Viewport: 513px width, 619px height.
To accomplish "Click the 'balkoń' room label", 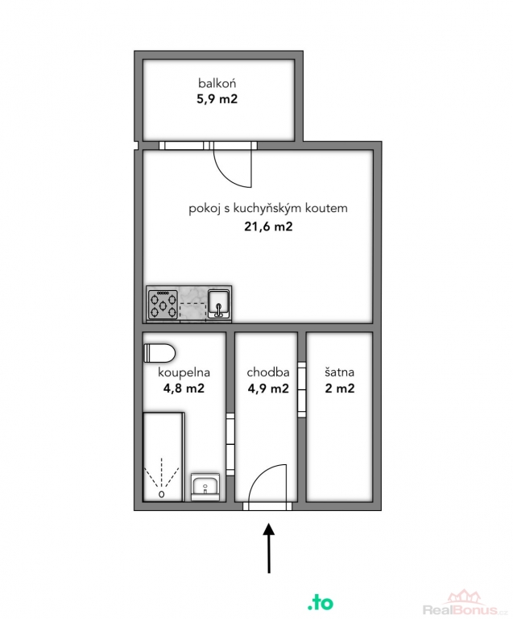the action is pyautogui.click(x=217, y=83).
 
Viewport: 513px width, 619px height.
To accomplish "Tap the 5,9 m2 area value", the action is pyautogui.click(x=217, y=98).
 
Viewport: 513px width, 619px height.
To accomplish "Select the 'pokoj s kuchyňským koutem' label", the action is pyautogui.click(x=268, y=208).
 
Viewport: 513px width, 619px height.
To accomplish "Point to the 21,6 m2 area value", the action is pyautogui.click(x=268, y=226).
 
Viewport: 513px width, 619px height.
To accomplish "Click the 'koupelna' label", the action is pyautogui.click(x=184, y=372).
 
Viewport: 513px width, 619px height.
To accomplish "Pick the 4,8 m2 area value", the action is pyautogui.click(x=184, y=388).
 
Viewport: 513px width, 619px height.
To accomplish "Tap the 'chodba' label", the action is pyautogui.click(x=268, y=372).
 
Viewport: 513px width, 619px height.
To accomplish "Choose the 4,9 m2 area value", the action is pyautogui.click(x=268, y=388).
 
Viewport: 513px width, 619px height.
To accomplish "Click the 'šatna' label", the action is pyautogui.click(x=340, y=372).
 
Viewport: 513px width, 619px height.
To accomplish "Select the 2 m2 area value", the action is pyautogui.click(x=340, y=388).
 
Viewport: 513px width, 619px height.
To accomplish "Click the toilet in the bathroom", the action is pyautogui.click(x=159, y=353).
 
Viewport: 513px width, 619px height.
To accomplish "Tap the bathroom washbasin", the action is pyautogui.click(x=205, y=487).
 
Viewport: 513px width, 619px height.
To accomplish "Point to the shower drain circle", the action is pyautogui.click(x=161, y=494).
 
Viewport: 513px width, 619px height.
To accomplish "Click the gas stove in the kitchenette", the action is pyautogui.click(x=163, y=304).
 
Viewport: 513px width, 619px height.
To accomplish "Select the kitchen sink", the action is pyautogui.click(x=219, y=304).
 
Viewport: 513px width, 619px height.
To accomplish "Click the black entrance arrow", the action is pyautogui.click(x=269, y=548).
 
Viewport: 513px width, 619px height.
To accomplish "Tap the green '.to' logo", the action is pyautogui.click(x=321, y=602).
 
